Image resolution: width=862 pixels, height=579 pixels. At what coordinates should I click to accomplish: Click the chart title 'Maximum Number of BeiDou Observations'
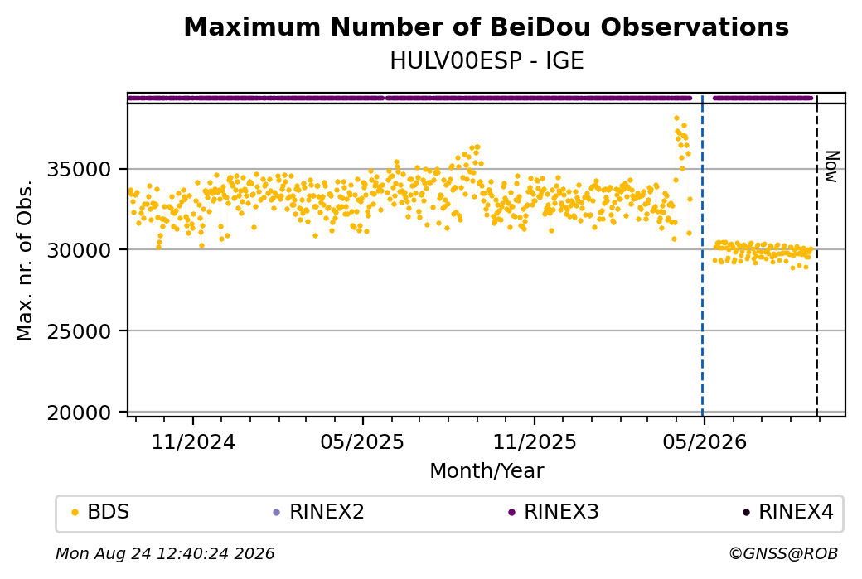[x=486, y=27]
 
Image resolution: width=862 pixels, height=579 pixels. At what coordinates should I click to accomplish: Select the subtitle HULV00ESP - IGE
[x=487, y=61]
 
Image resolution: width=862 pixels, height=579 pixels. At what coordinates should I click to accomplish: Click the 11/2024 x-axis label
[x=193, y=441]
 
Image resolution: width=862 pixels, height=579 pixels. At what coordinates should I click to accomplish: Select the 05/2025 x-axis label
[x=362, y=441]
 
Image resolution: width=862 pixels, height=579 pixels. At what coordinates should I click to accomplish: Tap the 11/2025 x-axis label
[x=535, y=441]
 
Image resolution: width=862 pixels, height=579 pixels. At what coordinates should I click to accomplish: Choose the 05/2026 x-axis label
[x=705, y=441]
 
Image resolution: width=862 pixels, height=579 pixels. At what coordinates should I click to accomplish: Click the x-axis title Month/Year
[x=487, y=470]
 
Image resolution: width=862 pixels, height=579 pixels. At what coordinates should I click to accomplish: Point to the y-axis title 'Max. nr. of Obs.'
[x=25, y=260]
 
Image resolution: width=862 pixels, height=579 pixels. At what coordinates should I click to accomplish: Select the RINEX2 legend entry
[x=319, y=512]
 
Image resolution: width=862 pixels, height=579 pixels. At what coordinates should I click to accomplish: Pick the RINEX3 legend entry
[x=554, y=512]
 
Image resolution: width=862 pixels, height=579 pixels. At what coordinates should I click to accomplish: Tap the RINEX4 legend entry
[x=788, y=512]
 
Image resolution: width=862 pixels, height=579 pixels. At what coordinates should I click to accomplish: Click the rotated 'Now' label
[x=832, y=167]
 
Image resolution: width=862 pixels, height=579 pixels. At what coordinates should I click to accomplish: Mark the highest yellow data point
[x=676, y=118]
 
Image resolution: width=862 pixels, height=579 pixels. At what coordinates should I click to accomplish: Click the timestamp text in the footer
[x=165, y=553]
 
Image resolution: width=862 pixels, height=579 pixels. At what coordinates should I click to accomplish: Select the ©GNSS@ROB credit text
[x=783, y=553]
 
